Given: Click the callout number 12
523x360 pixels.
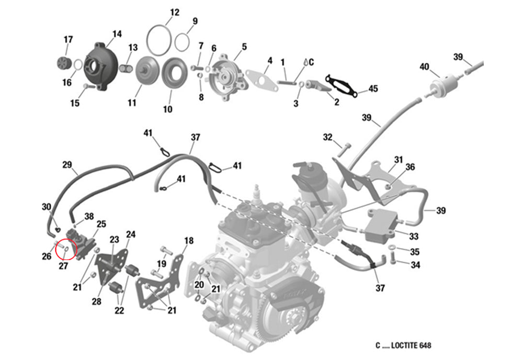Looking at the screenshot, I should point(175,12).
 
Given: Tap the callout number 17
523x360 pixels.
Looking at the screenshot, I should point(69,40).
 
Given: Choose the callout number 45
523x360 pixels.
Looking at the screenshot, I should point(372,89).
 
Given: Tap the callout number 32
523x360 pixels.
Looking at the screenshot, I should point(328,138).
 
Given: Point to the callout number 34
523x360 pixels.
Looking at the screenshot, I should point(415,265).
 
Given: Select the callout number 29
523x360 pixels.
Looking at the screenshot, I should point(67,165).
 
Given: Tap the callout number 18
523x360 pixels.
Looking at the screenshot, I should point(189,241).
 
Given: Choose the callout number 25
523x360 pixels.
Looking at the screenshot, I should point(101,224).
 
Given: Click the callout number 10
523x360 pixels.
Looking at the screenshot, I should point(167,109).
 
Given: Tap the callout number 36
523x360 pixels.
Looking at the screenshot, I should point(410,167).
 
